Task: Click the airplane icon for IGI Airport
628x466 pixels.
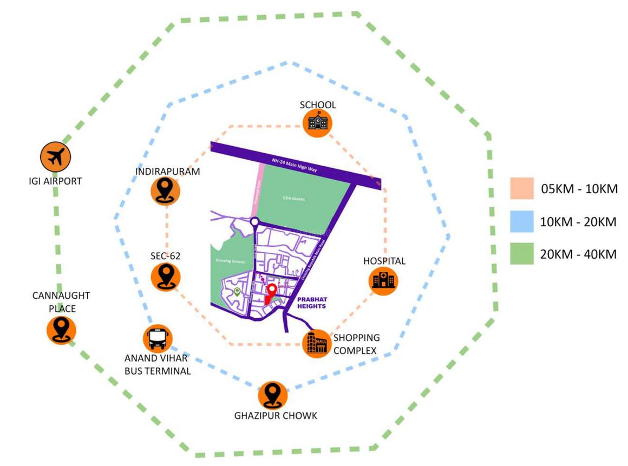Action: tap(55, 157)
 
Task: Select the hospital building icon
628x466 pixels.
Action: tap(383, 280)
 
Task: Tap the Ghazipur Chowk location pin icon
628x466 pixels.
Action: tap(273, 396)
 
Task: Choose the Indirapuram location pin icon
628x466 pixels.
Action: tap(165, 191)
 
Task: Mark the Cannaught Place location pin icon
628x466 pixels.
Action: tap(61, 329)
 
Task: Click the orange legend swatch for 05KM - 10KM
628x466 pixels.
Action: tap(521, 189)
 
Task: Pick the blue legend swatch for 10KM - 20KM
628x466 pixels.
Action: tap(521, 221)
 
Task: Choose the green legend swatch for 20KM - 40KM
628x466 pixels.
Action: tap(521, 254)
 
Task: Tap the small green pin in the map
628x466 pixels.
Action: tap(237, 292)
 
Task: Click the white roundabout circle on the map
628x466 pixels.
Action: tap(255, 221)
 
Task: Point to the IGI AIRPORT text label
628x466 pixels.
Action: tap(55, 181)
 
